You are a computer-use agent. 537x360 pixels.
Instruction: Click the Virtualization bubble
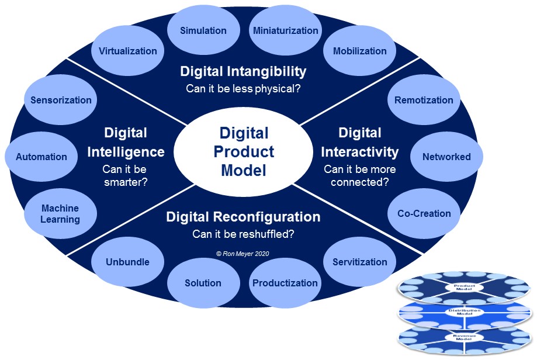coord(127,51)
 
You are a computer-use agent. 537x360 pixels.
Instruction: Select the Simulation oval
coord(203,31)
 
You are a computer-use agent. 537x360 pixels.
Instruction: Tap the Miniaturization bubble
coord(286,31)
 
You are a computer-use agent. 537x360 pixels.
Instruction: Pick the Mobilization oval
coord(359,51)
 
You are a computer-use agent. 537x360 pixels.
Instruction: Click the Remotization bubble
coord(424,100)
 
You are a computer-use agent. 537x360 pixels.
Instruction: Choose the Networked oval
coord(446,157)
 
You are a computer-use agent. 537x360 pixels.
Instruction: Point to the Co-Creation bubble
coord(424,213)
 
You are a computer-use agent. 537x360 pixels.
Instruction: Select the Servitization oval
coord(359,262)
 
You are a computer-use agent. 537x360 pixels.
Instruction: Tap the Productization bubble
coord(285,283)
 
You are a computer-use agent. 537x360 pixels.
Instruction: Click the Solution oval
coord(203,283)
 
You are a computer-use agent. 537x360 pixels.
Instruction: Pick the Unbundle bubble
coord(127,262)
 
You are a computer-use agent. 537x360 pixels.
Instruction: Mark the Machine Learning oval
coord(60,214)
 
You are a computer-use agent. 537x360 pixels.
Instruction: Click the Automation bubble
coord(41,157)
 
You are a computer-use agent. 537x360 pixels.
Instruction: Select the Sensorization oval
coord(61,100)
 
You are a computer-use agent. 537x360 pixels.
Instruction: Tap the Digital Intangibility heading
coord(243,71)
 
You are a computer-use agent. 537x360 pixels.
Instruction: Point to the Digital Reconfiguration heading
coord(243,217)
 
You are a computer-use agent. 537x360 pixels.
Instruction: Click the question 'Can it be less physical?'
coord(243,89)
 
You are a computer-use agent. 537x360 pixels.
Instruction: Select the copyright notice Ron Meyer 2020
coord(243,254)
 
